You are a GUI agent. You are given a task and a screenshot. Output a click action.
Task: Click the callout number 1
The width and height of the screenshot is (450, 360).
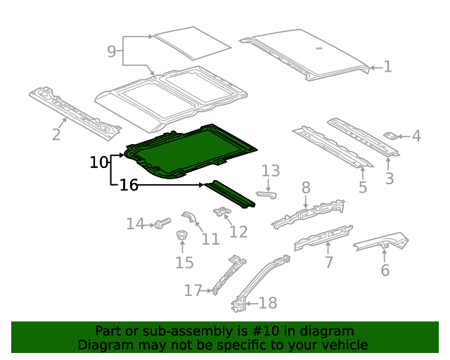[x=387, y=67]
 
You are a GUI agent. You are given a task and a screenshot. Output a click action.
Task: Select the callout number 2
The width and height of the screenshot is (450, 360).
[x=56, y=134]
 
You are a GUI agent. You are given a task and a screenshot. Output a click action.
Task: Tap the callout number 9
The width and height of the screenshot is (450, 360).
[x=111, y=51]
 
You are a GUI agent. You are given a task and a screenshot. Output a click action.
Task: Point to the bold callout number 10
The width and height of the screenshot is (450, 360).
[x=99, y=163]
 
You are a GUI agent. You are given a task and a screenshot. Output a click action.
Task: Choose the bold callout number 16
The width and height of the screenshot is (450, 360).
[x=129, y=186]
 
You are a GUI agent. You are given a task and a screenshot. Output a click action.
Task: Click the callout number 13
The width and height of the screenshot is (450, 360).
[x=271, y=171]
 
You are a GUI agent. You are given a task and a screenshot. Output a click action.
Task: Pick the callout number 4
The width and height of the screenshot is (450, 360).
[x=416, y=136]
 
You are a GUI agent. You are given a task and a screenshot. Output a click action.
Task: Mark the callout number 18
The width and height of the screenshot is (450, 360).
[x=268, y=303]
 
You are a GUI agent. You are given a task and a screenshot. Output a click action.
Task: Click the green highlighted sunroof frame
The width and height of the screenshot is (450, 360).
[x=190, y=149]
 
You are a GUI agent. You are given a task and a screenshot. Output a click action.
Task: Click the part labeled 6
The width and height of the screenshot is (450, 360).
[x=380, y=243]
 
